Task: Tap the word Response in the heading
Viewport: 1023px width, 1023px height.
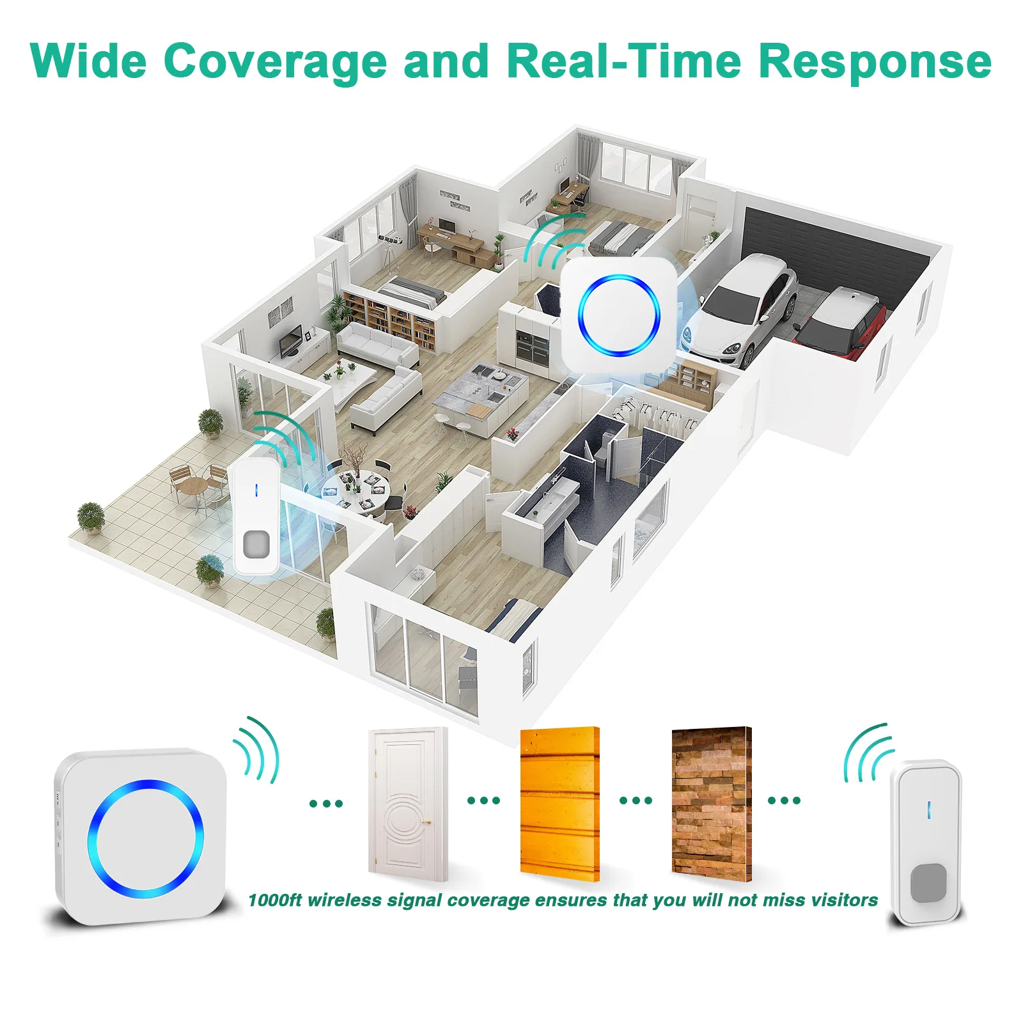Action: (x=875, y=63)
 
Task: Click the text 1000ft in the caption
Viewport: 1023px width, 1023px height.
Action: (x=274, y=900)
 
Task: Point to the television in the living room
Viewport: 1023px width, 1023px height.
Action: (x=291, y=340)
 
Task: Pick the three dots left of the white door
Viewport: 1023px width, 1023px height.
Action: (x=326, y=803)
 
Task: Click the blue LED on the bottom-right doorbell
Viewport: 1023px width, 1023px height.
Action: (x=928, y=810)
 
